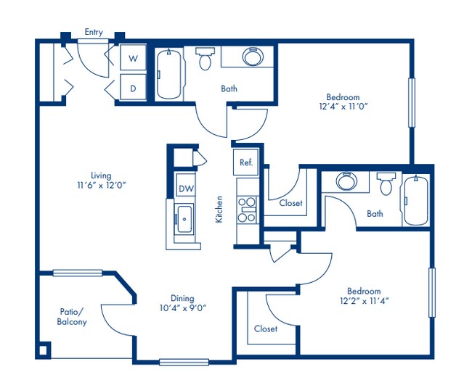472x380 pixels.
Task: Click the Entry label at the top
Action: (94, 32)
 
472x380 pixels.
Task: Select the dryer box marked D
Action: (133, 88)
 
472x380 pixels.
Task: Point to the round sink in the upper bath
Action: (251, 57)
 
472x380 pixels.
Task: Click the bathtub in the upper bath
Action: (171, 75)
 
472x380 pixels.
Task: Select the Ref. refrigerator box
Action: (246, 162)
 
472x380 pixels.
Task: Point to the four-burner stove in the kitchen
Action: (247, 209)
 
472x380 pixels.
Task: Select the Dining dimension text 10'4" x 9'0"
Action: (183, 307)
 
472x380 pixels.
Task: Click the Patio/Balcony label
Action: (72, 317)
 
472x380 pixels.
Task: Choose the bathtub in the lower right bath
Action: (417, 201)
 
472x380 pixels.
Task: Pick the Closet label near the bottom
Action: (266, 329)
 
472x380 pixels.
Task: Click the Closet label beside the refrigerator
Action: (291, 203)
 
